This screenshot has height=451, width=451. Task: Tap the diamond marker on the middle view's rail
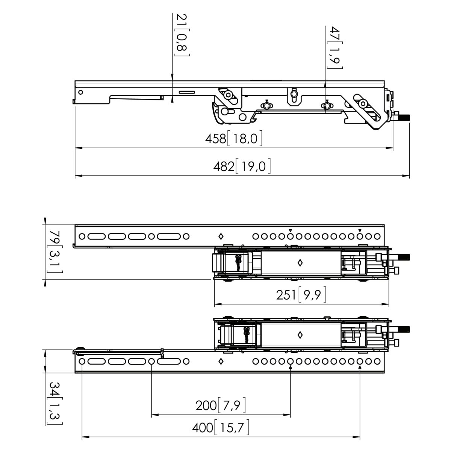point(221,236)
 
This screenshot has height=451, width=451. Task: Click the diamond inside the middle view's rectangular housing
point(300,263)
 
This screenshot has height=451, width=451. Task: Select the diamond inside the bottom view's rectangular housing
point(300,334)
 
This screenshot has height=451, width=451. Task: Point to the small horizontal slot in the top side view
point(187,92)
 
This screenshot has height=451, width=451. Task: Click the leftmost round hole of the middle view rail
point(82,236)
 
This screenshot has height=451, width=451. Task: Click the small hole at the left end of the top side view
point(80,92)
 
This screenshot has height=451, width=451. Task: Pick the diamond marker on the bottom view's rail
point(221,362)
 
